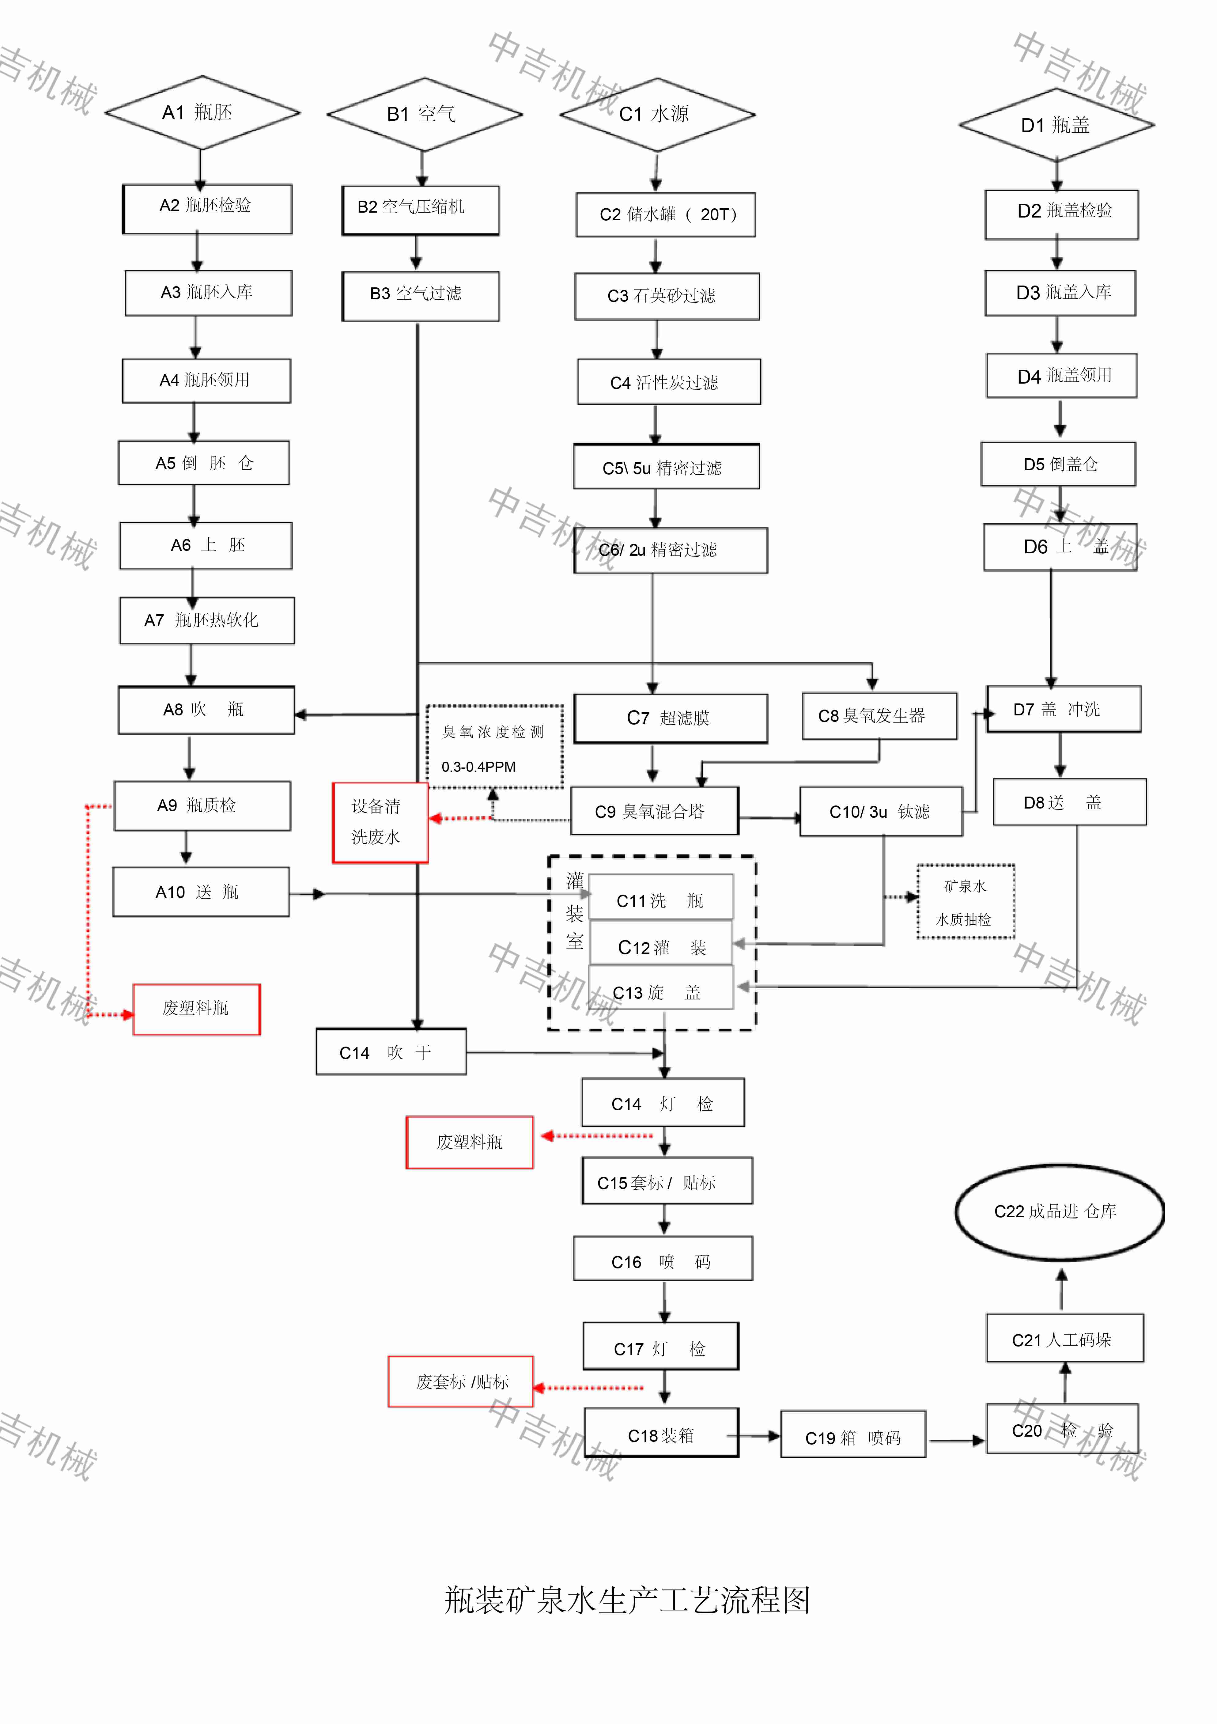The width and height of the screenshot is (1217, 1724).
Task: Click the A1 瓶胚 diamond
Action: tap(201, 113)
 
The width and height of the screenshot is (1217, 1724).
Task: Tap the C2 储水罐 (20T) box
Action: tap(665, 215)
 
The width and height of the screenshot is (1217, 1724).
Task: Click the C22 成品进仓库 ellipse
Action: tap(1059, 1211)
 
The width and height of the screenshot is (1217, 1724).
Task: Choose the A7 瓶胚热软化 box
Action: tap(206, 620)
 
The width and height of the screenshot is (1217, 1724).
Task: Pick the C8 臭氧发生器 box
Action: tap(879, 716)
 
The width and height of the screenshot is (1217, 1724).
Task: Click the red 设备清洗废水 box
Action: tap(380, 822)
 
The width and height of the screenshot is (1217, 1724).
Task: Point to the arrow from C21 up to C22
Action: tap(1061, 1289)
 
